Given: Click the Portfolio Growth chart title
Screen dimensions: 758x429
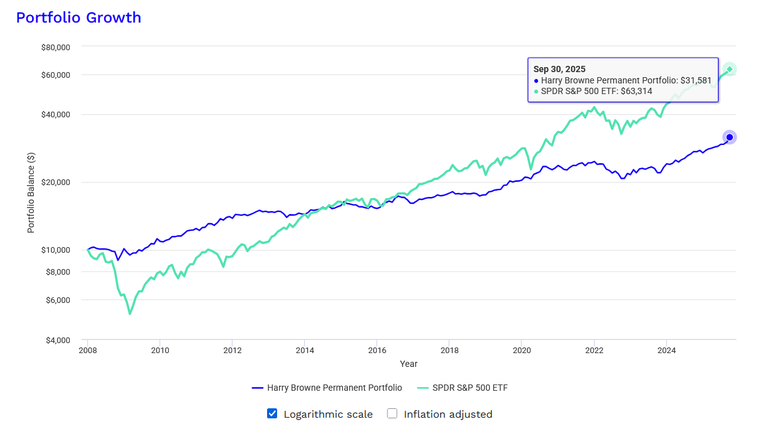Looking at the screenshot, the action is (78, 18).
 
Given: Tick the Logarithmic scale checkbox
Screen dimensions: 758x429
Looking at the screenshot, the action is (272, 413).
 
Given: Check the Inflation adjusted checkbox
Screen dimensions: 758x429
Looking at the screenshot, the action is (392, 413).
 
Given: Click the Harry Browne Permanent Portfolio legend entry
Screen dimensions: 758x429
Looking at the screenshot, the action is (327, 388).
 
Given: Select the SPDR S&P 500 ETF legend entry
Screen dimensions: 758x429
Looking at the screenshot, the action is (463, 388).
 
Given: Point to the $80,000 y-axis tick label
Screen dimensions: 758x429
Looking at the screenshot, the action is (56, 48).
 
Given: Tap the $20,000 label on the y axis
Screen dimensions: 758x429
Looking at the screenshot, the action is (56, 182).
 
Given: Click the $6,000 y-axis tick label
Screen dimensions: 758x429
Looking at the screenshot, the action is (58, 300).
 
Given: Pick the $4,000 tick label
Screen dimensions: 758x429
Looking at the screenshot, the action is (58, 340).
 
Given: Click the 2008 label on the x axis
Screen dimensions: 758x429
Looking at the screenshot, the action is (88, 351).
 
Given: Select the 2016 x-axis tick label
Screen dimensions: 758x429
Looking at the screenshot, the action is (377, 351).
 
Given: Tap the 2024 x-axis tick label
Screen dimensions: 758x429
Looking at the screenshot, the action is (666, 351).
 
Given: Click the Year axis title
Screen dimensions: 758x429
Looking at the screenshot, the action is (408, 364).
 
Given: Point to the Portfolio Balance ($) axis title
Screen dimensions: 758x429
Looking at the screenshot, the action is (31, 193).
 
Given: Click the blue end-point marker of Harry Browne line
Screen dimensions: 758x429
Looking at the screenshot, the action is (730, 137).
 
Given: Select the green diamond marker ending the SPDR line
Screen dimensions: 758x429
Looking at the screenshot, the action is (730, 69).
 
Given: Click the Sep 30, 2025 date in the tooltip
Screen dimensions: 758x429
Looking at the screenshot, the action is (559, 69).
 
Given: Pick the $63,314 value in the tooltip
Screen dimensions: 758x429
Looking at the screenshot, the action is (636, 91).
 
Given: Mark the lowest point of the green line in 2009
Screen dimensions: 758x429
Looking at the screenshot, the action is (130, 314).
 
